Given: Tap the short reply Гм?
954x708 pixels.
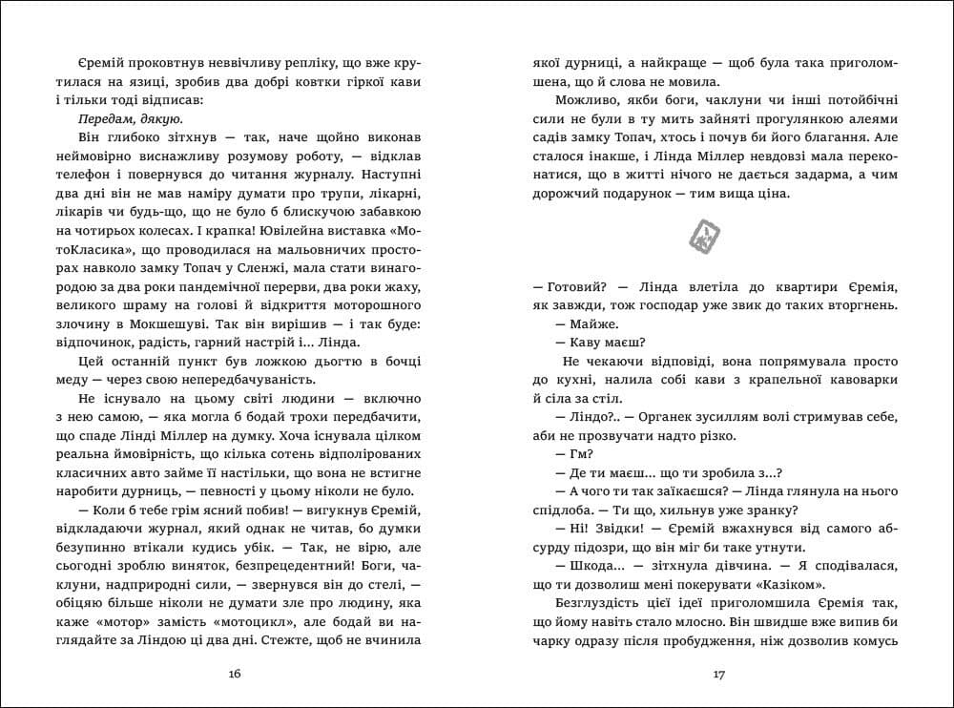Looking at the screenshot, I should tap(580, 455).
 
